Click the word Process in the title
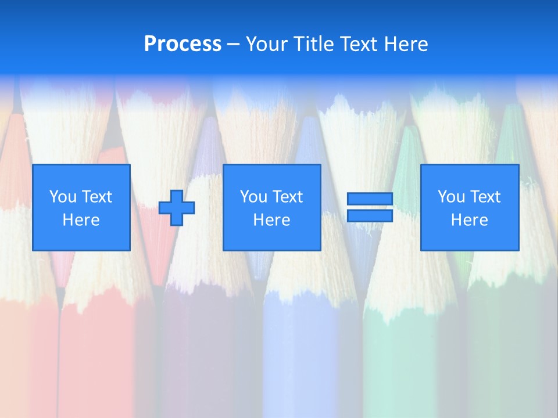click(183, 44)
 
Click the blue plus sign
click(177, 208)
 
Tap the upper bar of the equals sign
click(370, 199)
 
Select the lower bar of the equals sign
click(370, 216)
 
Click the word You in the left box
click(63, 197)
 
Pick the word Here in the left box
click(81, 220)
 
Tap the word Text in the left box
click(96, 197)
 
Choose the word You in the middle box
click(253, 197)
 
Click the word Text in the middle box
click(287, 197)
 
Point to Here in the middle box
click(272, 220)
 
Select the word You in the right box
click(451, 197)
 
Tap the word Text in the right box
click(485, 197)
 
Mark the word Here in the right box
click(470, 220)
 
